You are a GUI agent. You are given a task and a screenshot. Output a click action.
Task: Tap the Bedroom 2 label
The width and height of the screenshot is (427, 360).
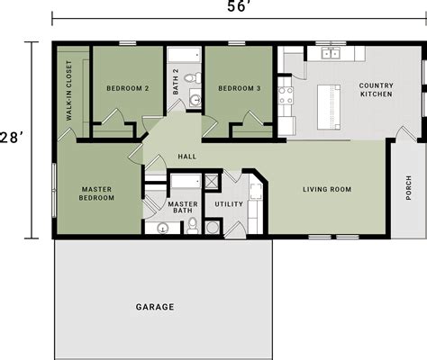pos(126,88)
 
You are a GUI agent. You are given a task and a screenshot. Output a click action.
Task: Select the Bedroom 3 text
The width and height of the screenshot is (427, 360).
pos(239,88)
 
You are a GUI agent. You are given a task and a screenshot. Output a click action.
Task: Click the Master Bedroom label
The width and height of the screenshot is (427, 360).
pos(96,193)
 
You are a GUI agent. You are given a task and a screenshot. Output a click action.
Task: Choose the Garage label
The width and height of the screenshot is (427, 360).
pos(155,307)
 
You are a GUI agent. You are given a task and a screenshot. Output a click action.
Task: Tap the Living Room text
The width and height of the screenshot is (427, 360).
pos(326,189)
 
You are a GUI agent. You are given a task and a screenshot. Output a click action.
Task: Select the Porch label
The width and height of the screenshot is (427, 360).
pos(409,187)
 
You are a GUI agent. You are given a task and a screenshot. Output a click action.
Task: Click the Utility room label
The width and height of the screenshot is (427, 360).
pos(229,204)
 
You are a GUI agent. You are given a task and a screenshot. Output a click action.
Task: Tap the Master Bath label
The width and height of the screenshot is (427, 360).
pos(183,209)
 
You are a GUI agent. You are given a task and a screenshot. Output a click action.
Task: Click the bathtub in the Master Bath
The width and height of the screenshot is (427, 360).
pos(185,182)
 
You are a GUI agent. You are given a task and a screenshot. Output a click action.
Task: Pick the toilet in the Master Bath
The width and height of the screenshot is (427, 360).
pos(192,225)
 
